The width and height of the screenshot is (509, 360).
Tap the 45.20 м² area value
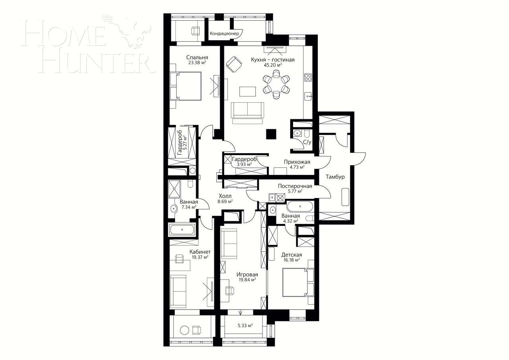272,65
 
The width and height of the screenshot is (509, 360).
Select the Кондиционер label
224,34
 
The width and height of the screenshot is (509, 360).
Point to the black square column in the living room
271,134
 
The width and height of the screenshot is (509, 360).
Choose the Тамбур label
335,177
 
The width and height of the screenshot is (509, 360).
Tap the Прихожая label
297,162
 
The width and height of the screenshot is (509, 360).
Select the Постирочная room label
295,186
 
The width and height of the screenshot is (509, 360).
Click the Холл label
225,196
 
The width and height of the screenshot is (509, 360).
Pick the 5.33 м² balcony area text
245,325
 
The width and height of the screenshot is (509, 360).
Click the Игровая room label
247,274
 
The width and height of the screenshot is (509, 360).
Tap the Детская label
291,255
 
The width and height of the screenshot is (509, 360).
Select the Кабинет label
200,252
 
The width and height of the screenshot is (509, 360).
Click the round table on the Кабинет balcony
184,330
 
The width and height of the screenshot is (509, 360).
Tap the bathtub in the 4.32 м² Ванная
300,206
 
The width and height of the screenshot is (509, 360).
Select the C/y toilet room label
307,142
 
